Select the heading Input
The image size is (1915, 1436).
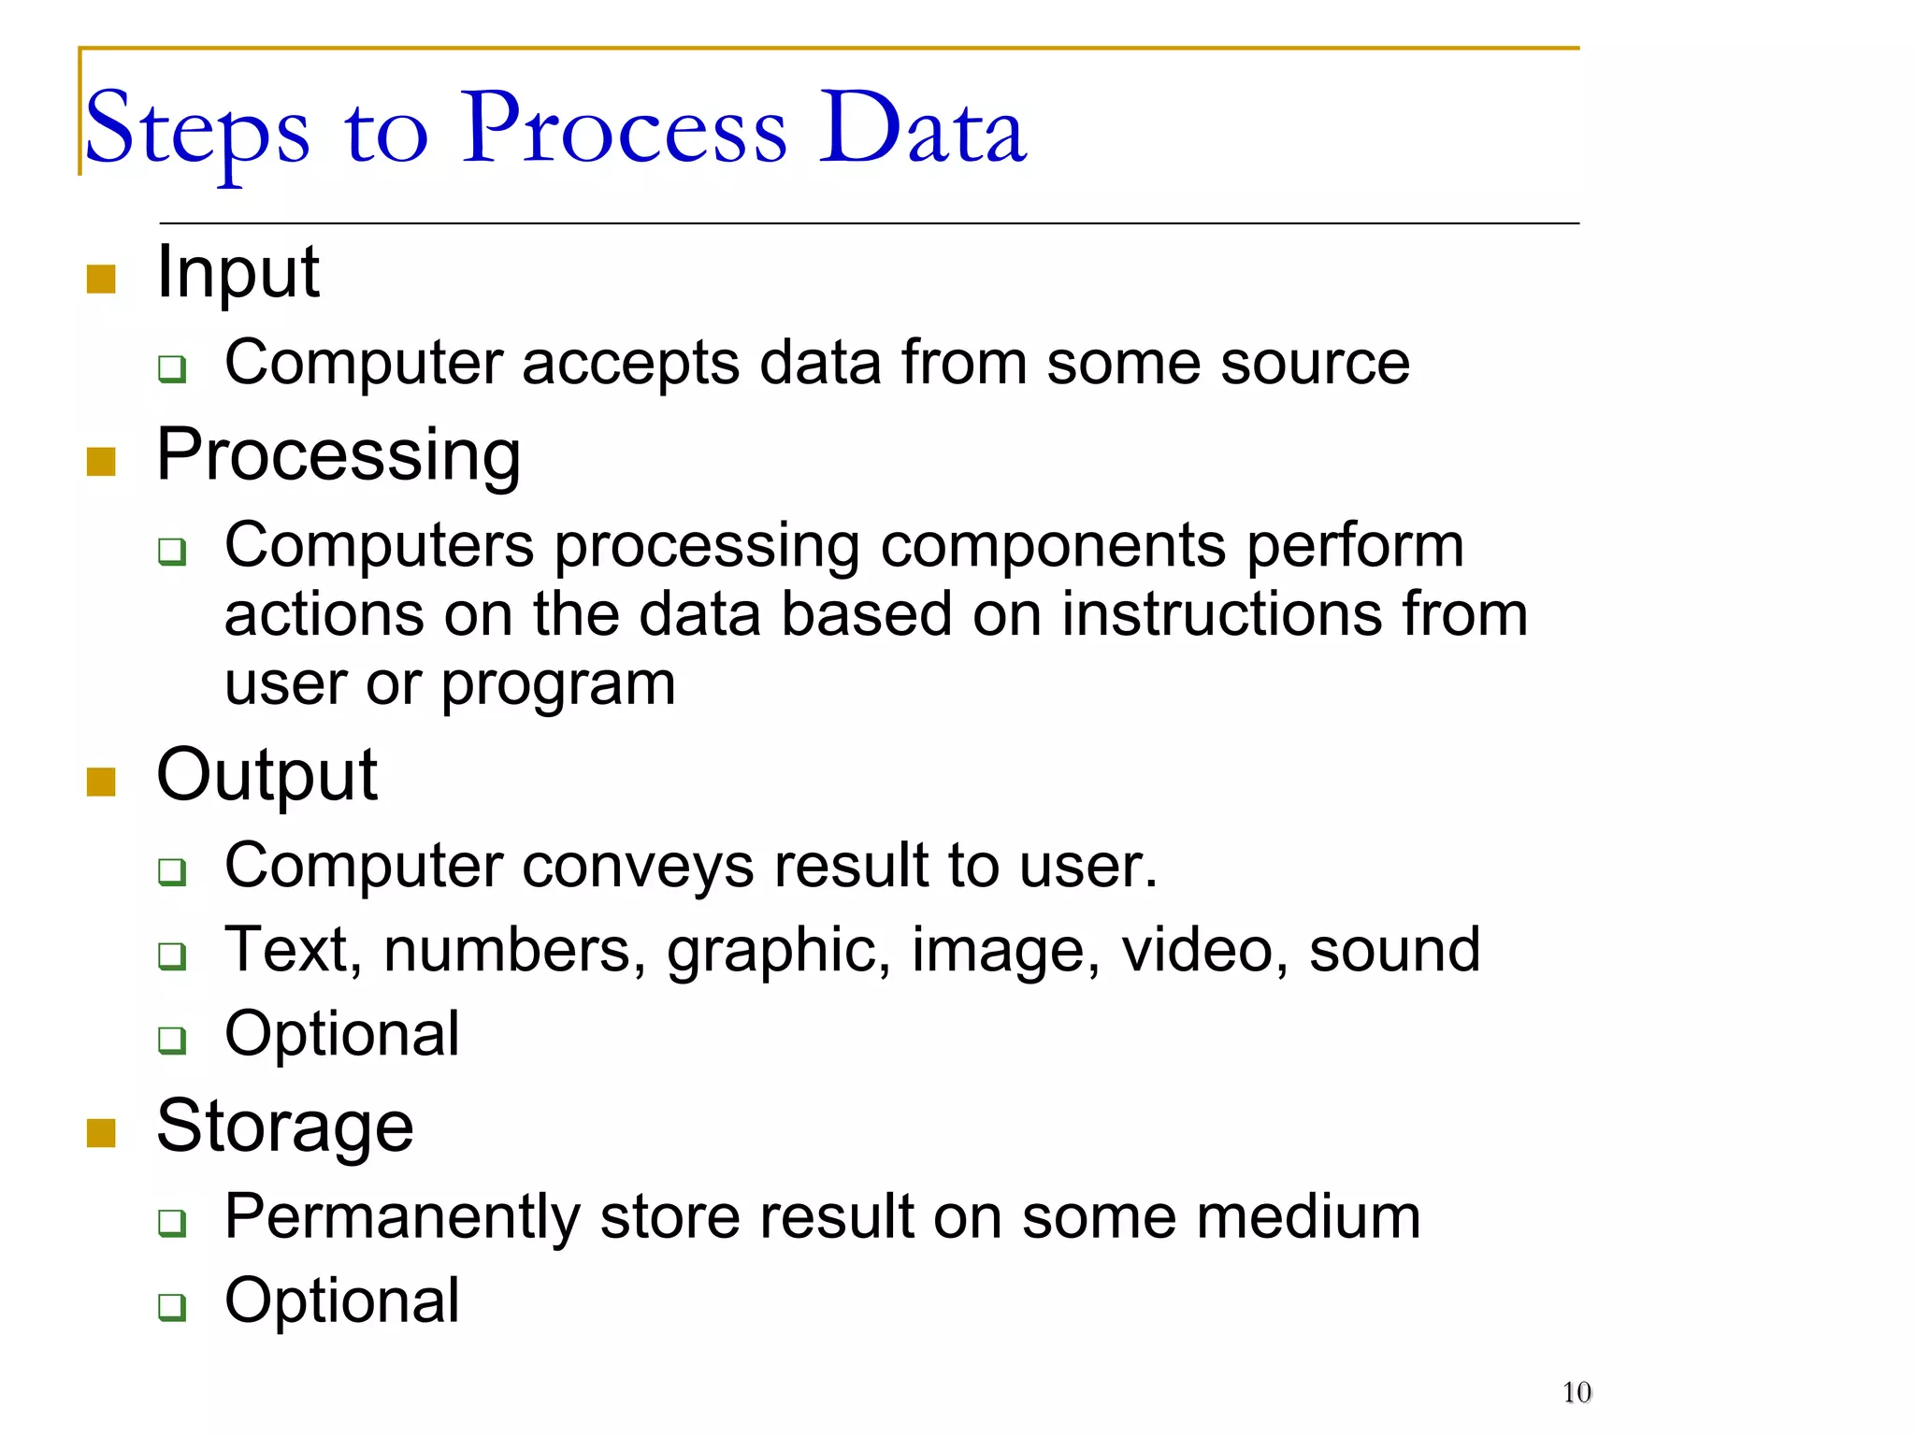click(x=238, y=273)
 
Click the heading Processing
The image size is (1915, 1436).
click(x=338, y=456)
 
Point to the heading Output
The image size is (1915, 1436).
click(x=266, y=776)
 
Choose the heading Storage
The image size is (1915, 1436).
click(x=284, y=1127)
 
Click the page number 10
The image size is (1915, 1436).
click(x=1577, y=1393)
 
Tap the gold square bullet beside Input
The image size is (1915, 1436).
click(x=101, y=279)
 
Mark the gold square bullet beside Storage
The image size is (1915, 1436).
click(x=101, y=1133)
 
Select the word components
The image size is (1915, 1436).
click(x=1053, y=546)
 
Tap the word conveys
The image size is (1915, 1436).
click(x=638, y=866)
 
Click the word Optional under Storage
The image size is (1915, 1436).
click(x=342, y=1300)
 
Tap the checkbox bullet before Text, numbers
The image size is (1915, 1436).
click(x=172, y=955)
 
